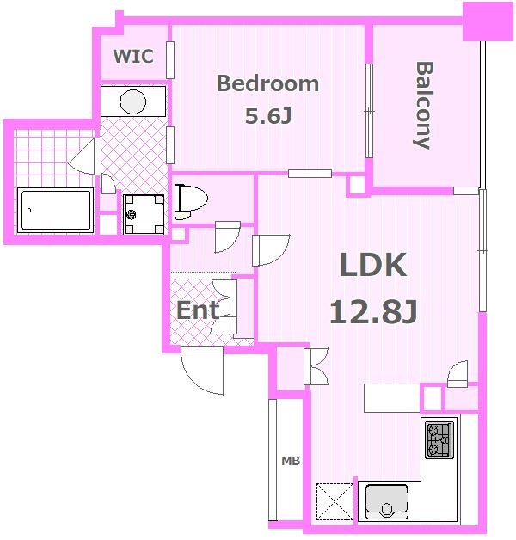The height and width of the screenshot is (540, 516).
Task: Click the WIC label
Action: (x=133, y=56)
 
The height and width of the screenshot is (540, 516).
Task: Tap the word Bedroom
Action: (x=267, y=83)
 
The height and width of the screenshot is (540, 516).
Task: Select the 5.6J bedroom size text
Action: (x=268, y=116)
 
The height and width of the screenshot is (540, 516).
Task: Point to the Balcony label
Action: (x=423, y=105)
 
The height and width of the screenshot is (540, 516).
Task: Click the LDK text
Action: (x=373, y=265)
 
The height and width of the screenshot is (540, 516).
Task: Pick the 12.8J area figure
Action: (x=373, y=311)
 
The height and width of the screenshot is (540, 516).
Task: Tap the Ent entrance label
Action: (x=198, y=310)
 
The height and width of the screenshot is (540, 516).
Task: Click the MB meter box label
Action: (x=291, y=461)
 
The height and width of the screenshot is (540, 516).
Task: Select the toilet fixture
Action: (x=191, y=202)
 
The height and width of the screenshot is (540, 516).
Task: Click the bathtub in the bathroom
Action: (x=55, y=210)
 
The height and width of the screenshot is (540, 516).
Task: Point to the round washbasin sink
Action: (x=132, y=101)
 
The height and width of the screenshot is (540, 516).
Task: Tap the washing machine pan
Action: (x=144, y=215)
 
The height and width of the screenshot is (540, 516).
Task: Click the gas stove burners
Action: (x=439, y=439)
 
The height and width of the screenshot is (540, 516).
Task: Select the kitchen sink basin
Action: (x=386, y=501)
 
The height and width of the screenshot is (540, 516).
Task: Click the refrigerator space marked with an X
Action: (x=335, y=501)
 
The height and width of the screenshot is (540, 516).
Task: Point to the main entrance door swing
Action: (x=202, y=371)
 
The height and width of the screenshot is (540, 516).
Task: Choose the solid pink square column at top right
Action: (x=488, y=22)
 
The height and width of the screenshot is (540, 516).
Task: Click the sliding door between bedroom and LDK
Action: (x=310, y=174)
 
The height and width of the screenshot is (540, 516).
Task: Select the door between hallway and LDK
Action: (x=271, y=250)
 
